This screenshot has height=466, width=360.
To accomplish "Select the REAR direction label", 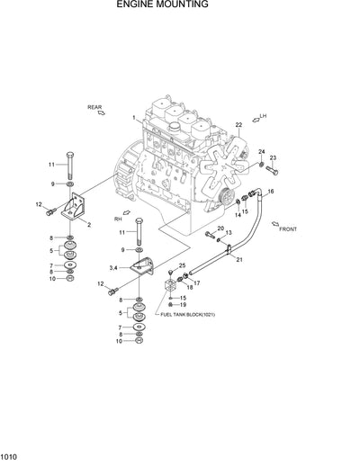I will (x=95, y=107).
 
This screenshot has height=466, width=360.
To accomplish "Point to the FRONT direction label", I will (x=287, y=229).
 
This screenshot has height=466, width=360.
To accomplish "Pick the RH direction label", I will (x=117, y=219).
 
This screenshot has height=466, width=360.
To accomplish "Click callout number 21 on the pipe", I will (x=239, y=259).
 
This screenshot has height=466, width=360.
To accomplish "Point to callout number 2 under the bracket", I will (x=88, y=224).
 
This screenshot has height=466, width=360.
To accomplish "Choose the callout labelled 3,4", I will (x=113, y=268).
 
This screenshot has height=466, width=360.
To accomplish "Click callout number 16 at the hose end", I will (x=271, y=191).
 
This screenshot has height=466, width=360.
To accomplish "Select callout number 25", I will (x=181, y=265).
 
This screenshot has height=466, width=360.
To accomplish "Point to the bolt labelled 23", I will (x=272, y=171).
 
